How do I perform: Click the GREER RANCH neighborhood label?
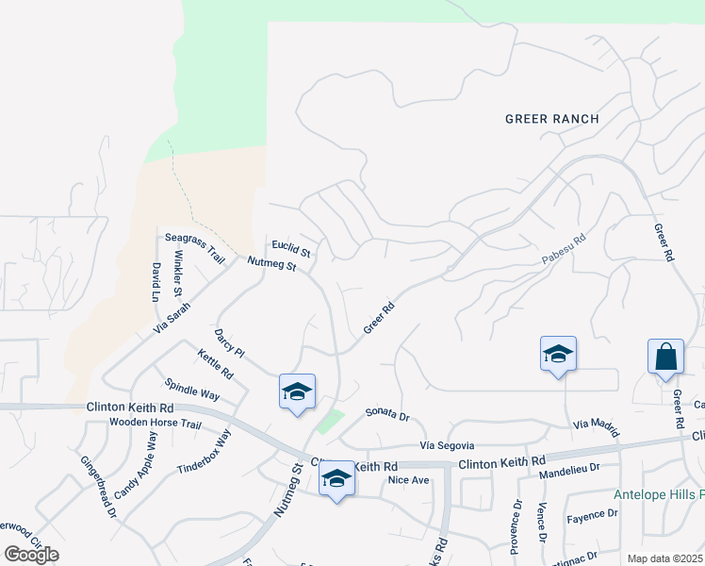[x=552, y=119]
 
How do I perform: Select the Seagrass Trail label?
[x=195, y=247]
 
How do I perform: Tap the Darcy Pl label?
[x=229, y=343]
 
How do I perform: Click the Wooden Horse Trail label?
[x=156, y=424]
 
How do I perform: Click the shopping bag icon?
[x=665, y=357]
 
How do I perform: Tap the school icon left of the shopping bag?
[x=557, y=355]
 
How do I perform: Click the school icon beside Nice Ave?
[x=336, y=478]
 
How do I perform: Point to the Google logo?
[x=31, y=554]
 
